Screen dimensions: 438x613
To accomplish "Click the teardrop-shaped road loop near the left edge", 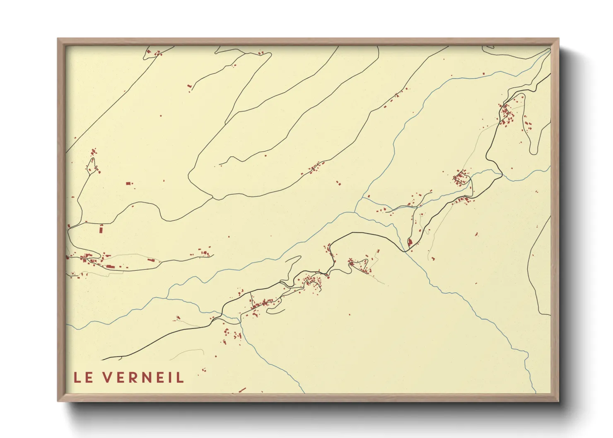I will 92,164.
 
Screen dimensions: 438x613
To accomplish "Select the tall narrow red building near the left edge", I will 101,229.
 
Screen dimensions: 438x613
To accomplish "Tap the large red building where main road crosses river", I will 410,242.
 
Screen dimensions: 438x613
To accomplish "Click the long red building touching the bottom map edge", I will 242,390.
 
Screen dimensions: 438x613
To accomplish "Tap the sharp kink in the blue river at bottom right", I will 526,356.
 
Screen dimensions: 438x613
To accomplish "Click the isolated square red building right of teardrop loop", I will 128,183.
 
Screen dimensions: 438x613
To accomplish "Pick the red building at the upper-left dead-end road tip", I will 190,86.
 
